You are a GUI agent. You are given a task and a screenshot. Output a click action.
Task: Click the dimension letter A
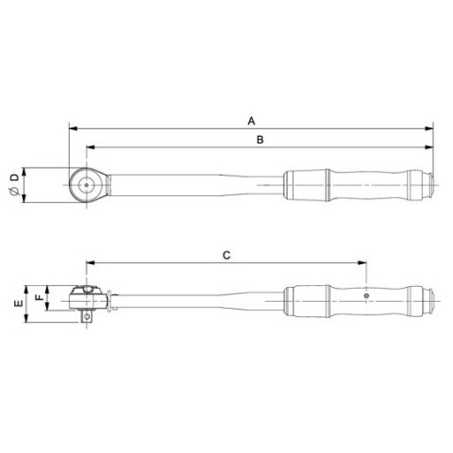251,121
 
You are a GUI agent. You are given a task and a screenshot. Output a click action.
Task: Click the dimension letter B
260,140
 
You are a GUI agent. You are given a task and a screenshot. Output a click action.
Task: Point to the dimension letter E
15,304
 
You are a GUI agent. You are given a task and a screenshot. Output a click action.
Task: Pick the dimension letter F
37,298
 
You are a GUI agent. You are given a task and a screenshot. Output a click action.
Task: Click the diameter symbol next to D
13,193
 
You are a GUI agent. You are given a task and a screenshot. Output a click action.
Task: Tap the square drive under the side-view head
88,318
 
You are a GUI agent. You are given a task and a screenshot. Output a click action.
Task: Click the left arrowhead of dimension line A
72,129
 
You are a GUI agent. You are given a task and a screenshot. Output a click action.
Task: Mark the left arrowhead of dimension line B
89,148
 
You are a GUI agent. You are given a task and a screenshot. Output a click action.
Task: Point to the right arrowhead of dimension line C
362,264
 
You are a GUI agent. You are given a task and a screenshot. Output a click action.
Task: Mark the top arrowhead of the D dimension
25,171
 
